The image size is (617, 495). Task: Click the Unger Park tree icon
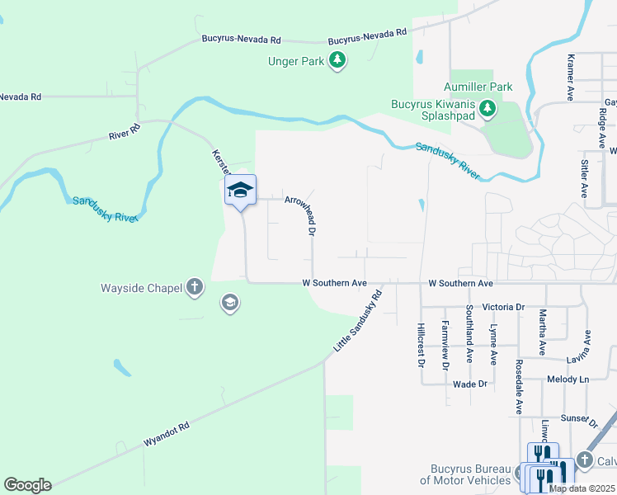pyautogui.click(x=337, y=60)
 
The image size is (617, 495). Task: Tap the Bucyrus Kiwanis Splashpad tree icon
pyautogui.click(x=487, y=109)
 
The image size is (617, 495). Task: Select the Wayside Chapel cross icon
pyautogui.click(x=194, y=287)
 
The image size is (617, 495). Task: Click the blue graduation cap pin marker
pyautogui.click(x=240, y=191)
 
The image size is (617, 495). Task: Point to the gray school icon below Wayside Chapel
pyautogui.click(x=229, y=304)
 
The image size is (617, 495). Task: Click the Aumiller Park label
pyautogui.click(x=478, y=87)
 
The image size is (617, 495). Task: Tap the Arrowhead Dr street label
pyautogui.click(x=299, y=215)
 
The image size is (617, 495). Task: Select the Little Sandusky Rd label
pyautogui.click(x=359, y=321)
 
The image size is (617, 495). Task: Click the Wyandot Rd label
pyautogui.click(x=167, y=435)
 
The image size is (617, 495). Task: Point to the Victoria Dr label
pyautogui.click(x=503, y=307)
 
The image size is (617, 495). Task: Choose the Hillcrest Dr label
pyautogui.click(x=421, y=344)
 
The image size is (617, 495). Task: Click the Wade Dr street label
pyautogui.click(x=470, y=384)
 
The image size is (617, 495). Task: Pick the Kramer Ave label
pyautogui.click(x=570, y=78)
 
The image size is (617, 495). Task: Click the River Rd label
pyautogui.click(x=125, y=132)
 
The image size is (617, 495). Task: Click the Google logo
pyautogui.click(x=27, y=485)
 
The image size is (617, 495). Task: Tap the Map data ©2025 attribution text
pyautogui.click(x=582, y=488)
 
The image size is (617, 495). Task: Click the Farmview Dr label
pyautogui.click(x=445, y=344)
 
